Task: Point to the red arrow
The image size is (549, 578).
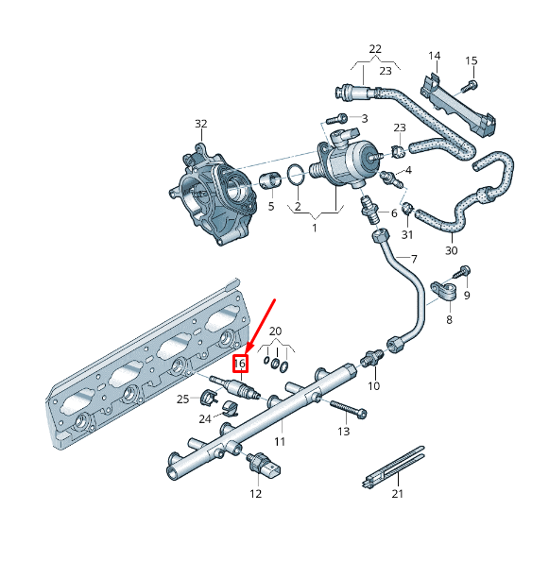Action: tap(258, 326)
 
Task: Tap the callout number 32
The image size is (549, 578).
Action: tap(200, 124)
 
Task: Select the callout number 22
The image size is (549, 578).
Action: tap(375, 49)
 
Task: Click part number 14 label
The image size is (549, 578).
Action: tap(435, 56)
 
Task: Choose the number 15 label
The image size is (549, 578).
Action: tap(472, 61)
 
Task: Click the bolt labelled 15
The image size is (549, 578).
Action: tap(469, 86)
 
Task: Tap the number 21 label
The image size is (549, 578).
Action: tap(398, 494)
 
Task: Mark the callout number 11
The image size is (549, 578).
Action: tap(280, 441)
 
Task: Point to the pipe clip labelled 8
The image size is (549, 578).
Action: tap(443, 293)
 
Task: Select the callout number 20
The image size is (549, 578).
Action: tap(276, 331)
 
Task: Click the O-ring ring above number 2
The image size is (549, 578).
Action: tap(296, 175)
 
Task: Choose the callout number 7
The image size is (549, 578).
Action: tap(412, 259)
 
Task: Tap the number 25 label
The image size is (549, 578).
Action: tap(182, 399)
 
